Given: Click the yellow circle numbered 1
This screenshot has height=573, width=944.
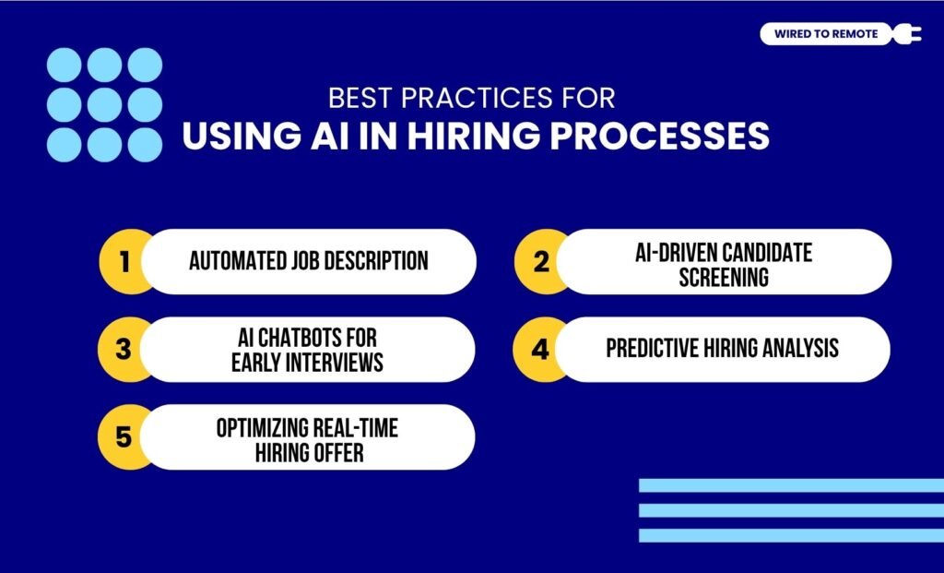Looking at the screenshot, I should (124, 261).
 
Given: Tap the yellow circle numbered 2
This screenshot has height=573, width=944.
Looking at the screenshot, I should (540, 261).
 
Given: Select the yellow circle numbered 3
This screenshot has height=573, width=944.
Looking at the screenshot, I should (124, 349).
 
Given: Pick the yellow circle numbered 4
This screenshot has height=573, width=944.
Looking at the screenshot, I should (540, 349).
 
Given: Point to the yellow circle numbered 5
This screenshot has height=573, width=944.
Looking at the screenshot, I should (124, 436).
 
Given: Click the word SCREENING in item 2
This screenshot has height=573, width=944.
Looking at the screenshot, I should (724, 277).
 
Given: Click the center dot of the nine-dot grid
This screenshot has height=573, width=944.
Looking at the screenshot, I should (104, 104).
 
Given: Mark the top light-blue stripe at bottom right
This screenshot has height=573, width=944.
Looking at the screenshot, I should (791, 485).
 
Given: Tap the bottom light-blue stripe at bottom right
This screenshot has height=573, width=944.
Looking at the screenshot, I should (791, 535).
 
